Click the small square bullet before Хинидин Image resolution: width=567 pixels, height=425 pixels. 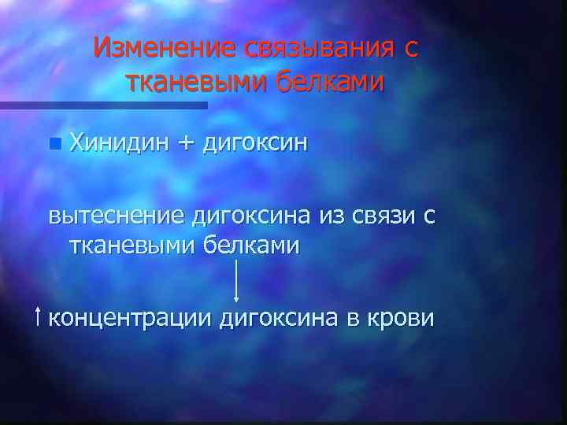53,144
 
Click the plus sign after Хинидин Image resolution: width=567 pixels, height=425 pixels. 185,143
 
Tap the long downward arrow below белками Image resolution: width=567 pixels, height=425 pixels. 236,279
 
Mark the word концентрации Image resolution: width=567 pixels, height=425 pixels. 130,319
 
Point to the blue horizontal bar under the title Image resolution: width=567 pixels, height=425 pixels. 102,104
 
